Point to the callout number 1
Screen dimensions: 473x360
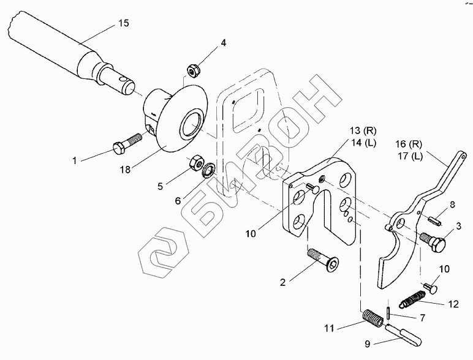[75, 161]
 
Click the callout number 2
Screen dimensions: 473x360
[282, 282]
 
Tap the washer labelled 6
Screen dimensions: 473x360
[209, 168]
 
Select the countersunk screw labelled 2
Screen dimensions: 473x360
[322, 258]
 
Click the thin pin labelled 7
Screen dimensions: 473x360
[388, 312]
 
